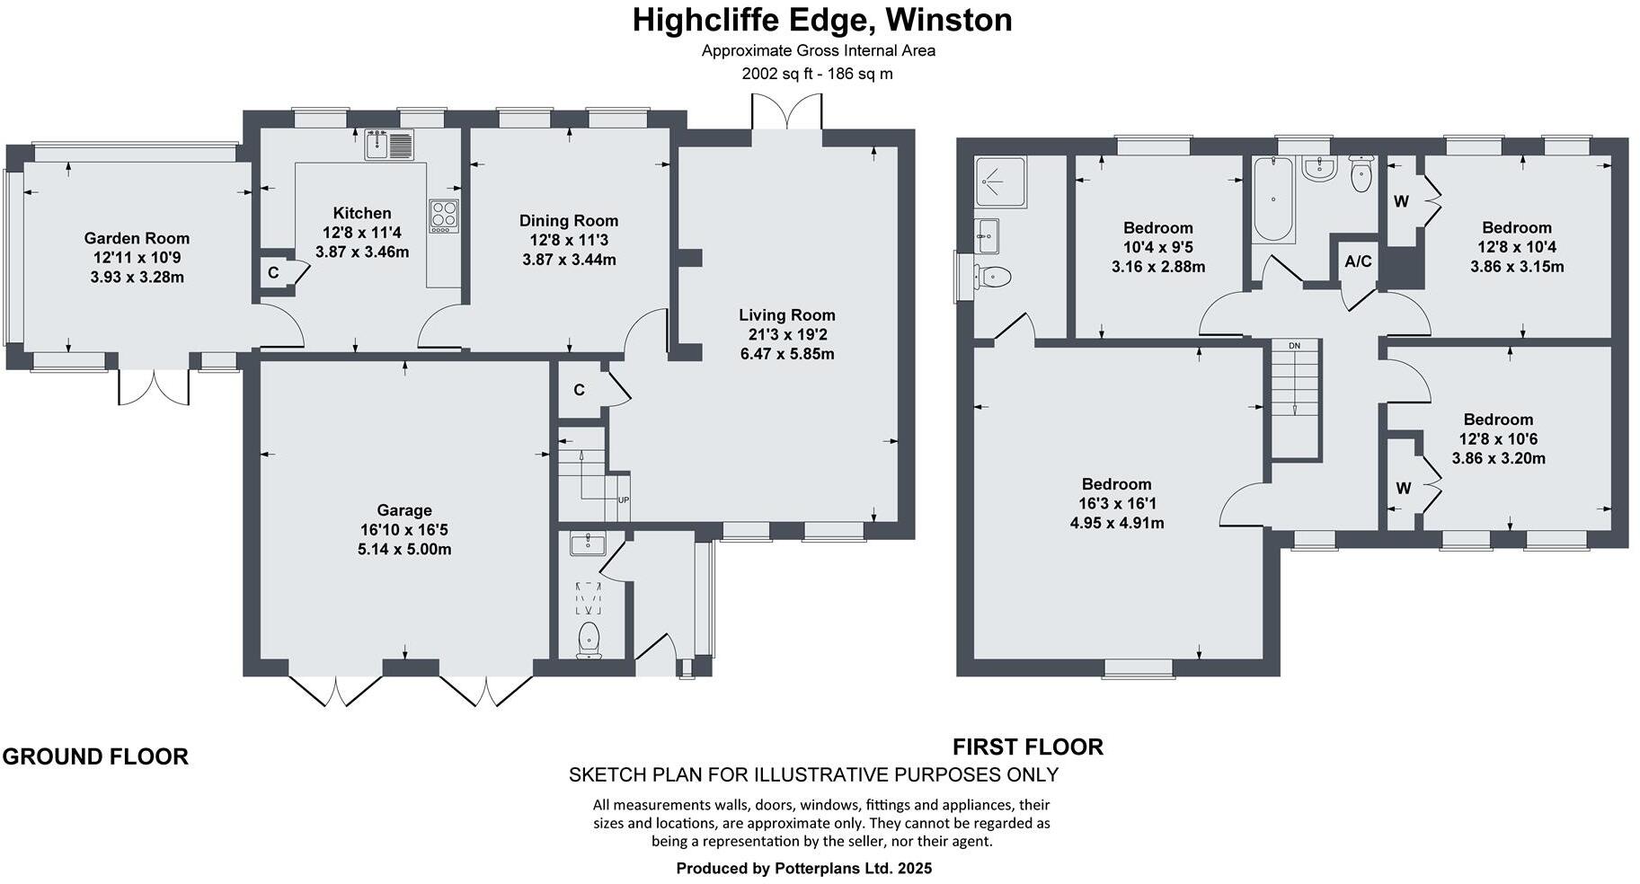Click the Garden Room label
tap(137, 238)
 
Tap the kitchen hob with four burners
tap(443, 215)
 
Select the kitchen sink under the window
tap(389, 145)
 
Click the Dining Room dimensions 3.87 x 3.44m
tap(569, 260)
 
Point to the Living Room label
tap(786, 315)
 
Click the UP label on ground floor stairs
tap(623, 500)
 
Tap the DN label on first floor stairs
tap(1294, 346)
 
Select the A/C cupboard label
tap(1358, 262)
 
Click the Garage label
tap(404, 510)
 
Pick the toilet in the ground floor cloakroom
tap(590, 639)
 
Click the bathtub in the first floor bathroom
tap(1272, 199)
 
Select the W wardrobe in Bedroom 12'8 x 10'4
tap(1401, 202)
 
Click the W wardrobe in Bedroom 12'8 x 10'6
tap(1403, 489)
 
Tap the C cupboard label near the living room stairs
tap(579, 390)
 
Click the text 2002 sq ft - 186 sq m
tap(817, 74)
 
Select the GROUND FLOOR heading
tap(95, 756)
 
